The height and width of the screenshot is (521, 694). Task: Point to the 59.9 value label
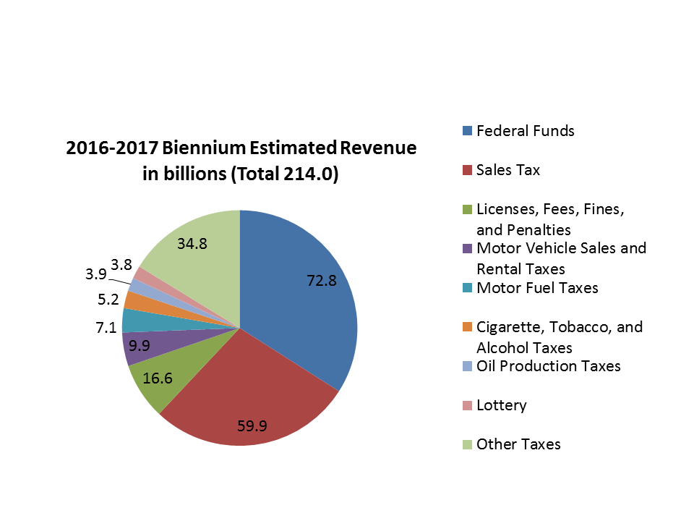point(252,425)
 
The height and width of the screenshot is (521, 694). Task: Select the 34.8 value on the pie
point(192,244)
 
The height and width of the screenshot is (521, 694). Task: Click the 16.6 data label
point(157,378)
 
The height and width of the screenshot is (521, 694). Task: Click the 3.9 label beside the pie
point(96,274)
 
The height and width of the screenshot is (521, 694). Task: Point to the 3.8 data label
point(121,264)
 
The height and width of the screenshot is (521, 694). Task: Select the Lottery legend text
point(501,405)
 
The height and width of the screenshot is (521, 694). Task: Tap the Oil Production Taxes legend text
point(548,366)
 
